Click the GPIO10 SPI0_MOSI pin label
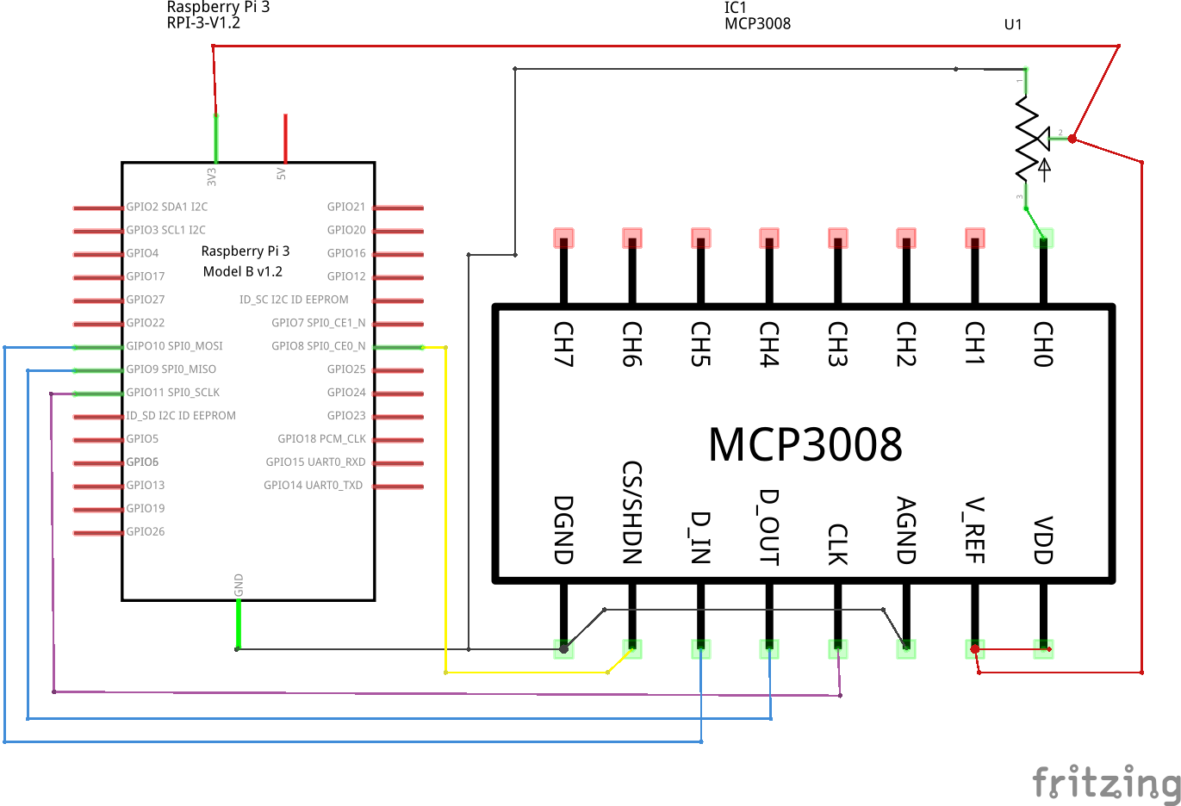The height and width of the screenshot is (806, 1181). (x=174, y=346)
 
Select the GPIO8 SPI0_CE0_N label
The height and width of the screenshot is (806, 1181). (x=318, y=346)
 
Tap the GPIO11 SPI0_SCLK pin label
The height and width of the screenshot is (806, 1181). (x=172, y=393)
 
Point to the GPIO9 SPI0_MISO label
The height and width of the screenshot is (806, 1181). (x=171, y=369)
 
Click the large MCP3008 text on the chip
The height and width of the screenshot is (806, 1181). (x=805, y=444)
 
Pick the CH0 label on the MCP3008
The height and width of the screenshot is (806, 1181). (x=1043, y=344)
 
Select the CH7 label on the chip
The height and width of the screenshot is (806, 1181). (x=563, y=344)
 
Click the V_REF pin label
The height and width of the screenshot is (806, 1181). (x=974, y=530)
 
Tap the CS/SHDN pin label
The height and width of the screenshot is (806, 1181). (x=632, y=512)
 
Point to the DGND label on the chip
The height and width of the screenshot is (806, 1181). (x=563, y=530)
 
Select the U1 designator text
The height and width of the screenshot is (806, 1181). (x=1013, y=24)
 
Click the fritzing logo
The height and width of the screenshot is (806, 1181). (x=1106, y=782)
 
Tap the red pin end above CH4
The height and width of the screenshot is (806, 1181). (x=769, y=237)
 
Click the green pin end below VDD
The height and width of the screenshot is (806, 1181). (x=1043, y=648)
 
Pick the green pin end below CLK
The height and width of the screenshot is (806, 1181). (x=837, y=648)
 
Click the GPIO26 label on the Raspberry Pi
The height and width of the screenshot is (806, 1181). (x=145, y=531)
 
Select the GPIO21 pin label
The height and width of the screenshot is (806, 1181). (x=346, y=207)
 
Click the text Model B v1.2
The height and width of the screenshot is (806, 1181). (x=243, y=271)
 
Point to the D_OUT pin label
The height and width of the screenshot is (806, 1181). (x=769, y=526)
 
